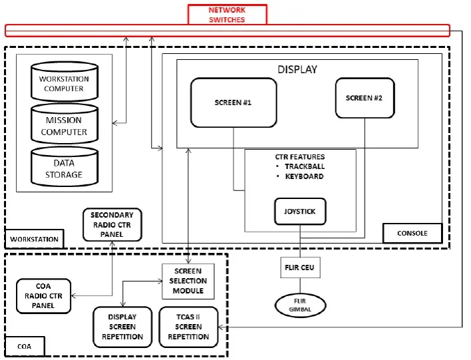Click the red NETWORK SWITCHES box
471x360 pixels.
point(227,14)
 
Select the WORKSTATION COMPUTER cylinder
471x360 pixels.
point(64,83)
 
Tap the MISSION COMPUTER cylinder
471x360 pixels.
point(64,125)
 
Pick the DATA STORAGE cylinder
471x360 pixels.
point(64,168)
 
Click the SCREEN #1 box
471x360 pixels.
point(233,102)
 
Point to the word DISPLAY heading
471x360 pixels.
point(297,69)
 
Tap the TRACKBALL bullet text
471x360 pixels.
point(304,166)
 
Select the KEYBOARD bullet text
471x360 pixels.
point(304,176)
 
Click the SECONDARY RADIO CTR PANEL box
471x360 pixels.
point(112,224)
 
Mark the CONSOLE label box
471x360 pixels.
point(413,233)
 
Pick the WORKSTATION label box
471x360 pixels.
point(35,239)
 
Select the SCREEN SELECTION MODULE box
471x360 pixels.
point(190,281)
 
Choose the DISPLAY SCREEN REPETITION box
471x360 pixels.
point(122,327)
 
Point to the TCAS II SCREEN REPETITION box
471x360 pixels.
point(188,327)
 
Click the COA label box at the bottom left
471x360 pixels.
point(25,347)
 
